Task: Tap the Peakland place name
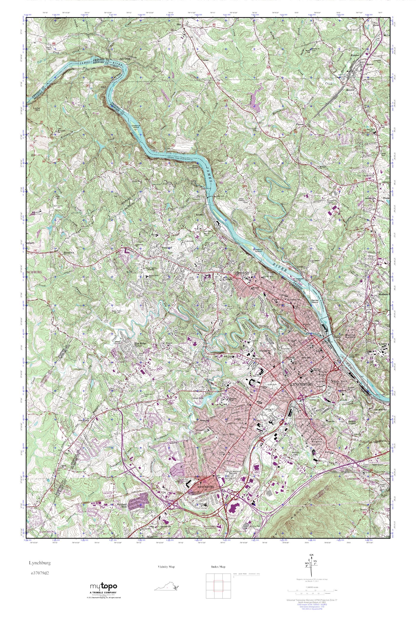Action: point(167,247)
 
